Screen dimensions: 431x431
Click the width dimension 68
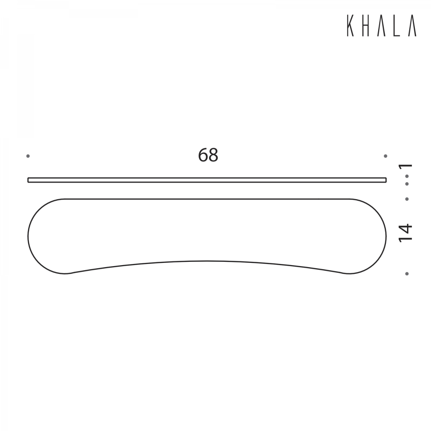[x=208, y=155]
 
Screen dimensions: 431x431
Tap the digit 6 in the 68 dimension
[x=203, y=155]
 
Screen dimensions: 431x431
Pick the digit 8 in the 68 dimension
[x=213, y=155]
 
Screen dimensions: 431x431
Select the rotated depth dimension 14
[x=405, y=233]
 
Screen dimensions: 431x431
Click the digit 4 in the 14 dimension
[x=405, y=228]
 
